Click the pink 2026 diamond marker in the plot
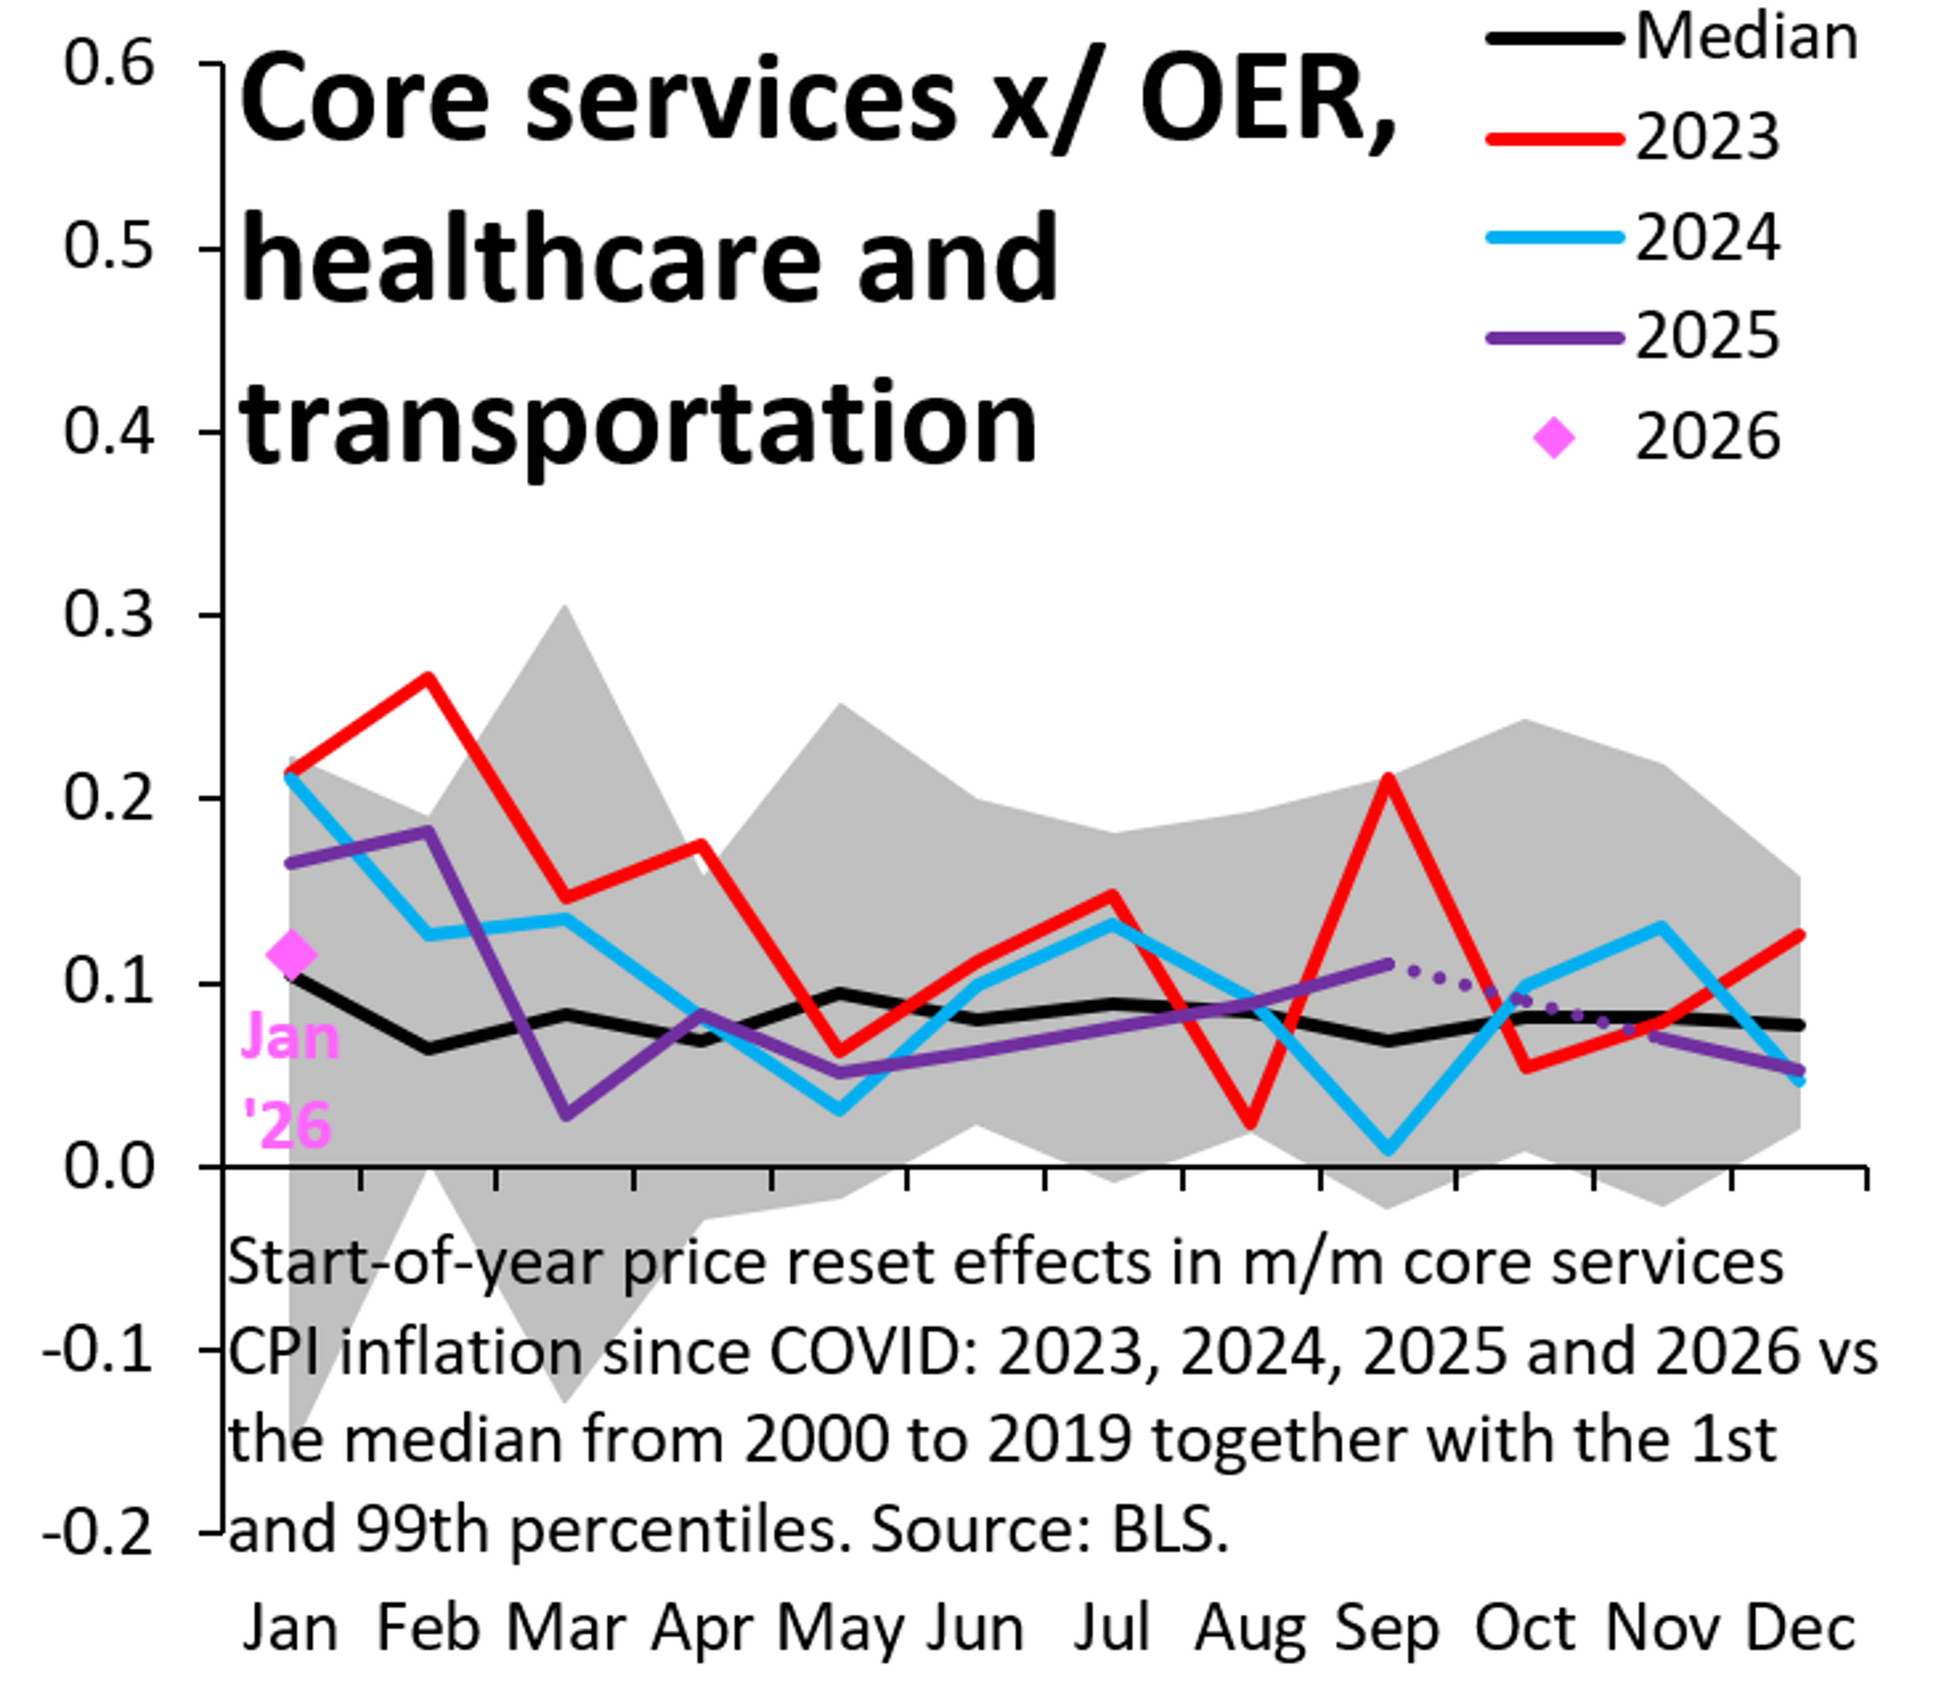292,954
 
